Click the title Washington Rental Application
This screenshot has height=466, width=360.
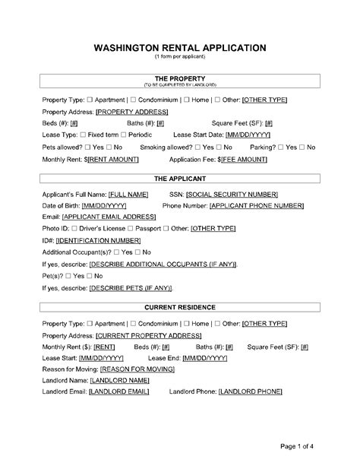point(179,47)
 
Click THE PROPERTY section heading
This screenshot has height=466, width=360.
point(179,78)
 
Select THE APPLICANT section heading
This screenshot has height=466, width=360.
point(179,179)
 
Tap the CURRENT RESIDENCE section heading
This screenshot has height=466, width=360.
point(179,307)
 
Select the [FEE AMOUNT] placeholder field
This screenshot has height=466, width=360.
point(245,160)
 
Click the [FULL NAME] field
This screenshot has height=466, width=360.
point(128,195)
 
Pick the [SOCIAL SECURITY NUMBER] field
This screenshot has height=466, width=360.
point(232,195)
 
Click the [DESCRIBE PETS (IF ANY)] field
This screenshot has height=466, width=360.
point(131,287)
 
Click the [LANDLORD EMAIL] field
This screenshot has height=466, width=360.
point(118,392)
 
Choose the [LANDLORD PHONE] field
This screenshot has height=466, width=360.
point(250,392)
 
